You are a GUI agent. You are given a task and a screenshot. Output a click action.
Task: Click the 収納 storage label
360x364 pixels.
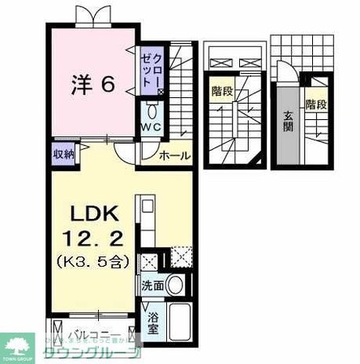pos(64,152)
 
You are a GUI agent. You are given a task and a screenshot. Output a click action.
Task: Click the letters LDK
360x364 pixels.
pos(94,213)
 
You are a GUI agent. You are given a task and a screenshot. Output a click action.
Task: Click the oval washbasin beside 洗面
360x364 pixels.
pos(177,285)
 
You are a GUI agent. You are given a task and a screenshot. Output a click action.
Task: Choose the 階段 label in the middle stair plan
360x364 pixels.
pos(220,92)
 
